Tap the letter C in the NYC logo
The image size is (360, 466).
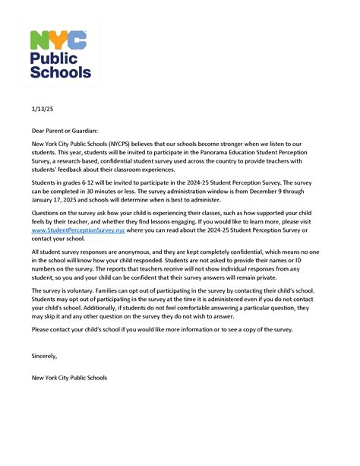(77, 42)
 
